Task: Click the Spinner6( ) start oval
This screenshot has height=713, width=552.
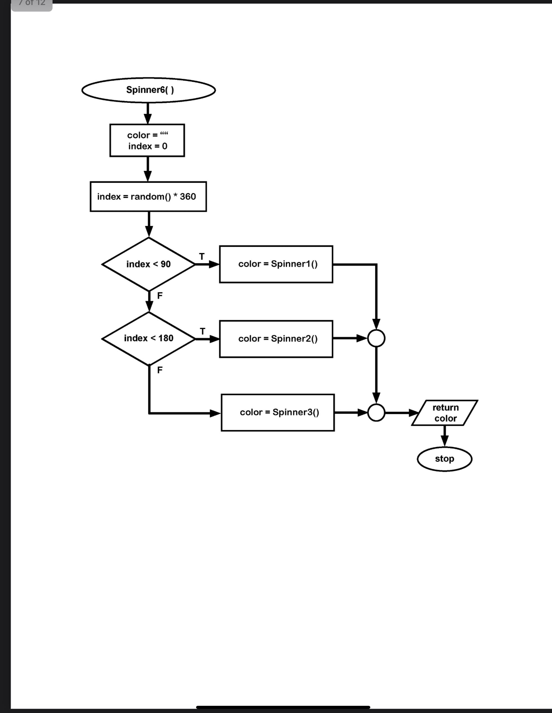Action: (149, 90)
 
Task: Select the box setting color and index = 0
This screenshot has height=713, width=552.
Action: (147, 140)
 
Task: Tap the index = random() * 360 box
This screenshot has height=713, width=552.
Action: (148, 197)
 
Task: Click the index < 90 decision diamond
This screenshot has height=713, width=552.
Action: (149, 264)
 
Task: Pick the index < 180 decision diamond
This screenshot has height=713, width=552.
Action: (149, 339)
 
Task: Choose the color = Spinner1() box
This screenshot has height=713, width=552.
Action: (276, 264)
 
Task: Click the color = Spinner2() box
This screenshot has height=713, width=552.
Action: (276, 339)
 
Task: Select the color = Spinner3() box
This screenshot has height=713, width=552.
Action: (278, 413)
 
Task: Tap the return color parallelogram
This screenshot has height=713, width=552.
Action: (445, 413)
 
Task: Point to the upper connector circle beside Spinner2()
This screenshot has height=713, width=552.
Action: (376, 339)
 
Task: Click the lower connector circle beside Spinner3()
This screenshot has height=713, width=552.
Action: (376, 413)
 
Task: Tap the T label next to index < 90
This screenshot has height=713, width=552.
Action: (202, 257)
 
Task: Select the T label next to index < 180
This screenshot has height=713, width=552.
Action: (203, 331)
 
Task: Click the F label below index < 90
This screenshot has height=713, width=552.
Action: (160, 296)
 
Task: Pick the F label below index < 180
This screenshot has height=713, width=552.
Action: (160, 370)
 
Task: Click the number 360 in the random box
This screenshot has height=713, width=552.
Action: (188, 197)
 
